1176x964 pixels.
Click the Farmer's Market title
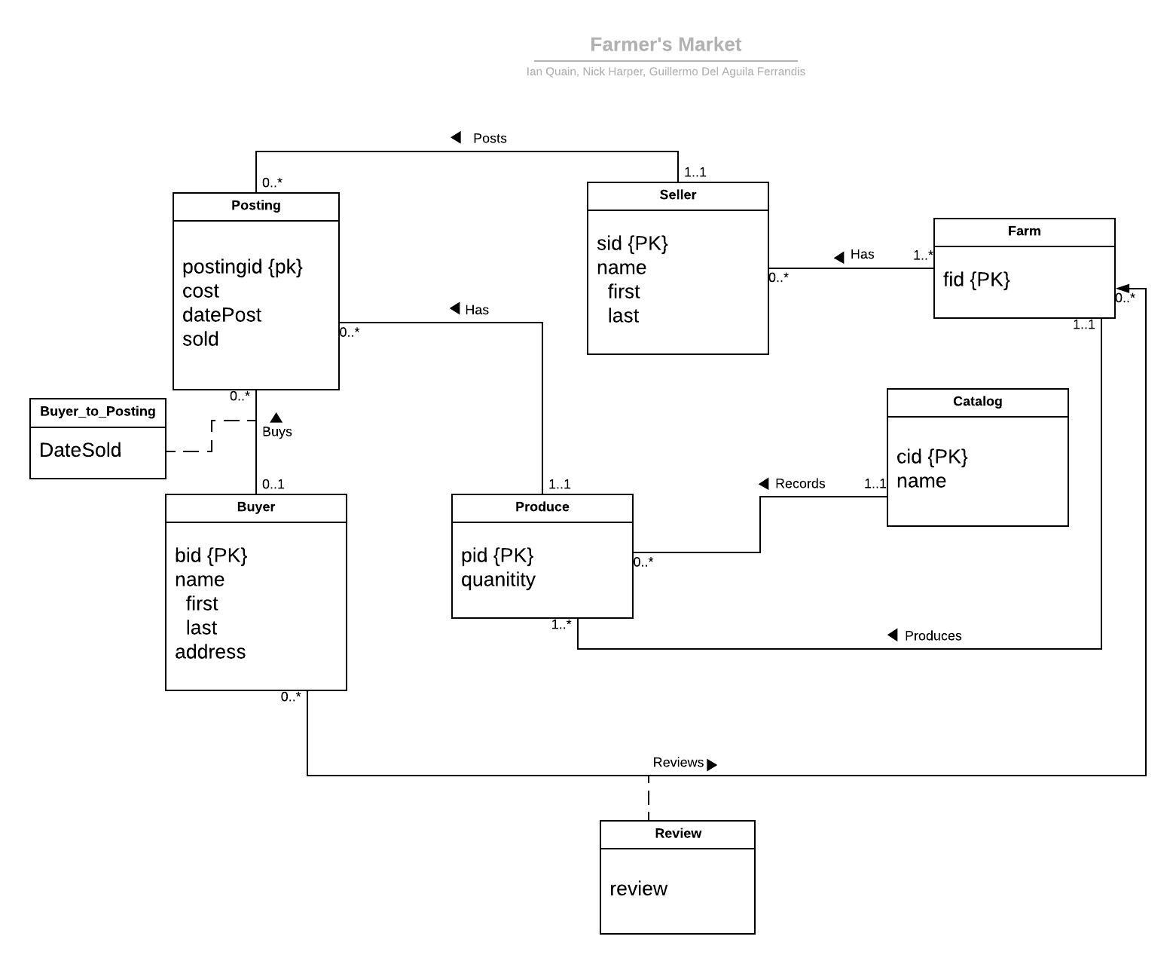(x=665, y=45)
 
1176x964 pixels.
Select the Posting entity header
(x=255, y=206)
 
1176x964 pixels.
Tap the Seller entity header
(x=677, y=195)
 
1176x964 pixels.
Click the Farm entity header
(x=1024, y=231)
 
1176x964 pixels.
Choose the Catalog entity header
(x=977, y=402)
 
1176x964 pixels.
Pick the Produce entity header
(x=542, y=507)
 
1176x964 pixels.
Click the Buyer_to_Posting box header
(x=98, y=412)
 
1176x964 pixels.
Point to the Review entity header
(x=677, y=834)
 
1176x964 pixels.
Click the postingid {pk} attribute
(x=243, y=267)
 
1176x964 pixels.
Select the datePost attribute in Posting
(x=221, y=315)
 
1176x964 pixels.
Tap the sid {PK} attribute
(x=632, y=243)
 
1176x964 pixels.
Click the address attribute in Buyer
(x=210, y=652)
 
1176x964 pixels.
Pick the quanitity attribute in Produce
(x=498, y=580)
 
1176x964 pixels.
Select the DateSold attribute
(x=80, y=450)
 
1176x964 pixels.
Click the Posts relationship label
(x=489, y=139)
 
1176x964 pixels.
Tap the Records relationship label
(x=799, y=484)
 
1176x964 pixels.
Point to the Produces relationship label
(x=932, y=636)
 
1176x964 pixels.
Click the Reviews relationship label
(x=678, y=763)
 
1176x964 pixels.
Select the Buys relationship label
(x=276, y=432)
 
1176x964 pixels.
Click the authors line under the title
(x=665, y=72)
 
